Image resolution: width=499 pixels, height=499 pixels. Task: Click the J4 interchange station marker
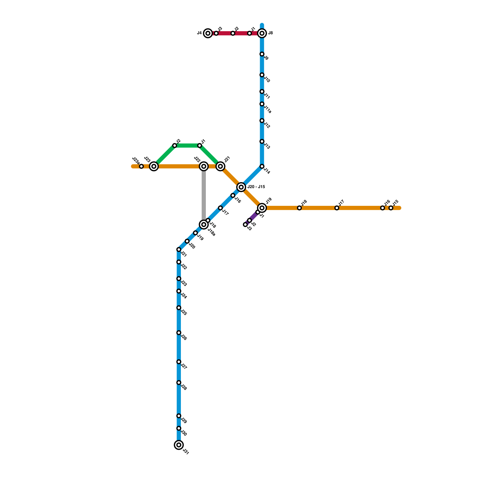[208, 33]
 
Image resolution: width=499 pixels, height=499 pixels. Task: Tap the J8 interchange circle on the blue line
[262, 33]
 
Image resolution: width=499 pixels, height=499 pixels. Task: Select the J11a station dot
[262, 104]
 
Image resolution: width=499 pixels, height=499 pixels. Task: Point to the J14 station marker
[262, 166]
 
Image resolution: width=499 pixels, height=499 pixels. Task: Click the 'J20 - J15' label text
[256, 187]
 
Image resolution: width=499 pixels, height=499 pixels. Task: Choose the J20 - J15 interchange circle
[241, 187]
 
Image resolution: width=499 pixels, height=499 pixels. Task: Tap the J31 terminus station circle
[179, 445]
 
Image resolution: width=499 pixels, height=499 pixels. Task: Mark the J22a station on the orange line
[141, 166]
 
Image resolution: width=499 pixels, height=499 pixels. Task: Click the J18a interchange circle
[204, 224]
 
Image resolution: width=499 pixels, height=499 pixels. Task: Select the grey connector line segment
[204, 195]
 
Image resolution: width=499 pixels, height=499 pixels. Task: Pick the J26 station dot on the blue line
[179, 333]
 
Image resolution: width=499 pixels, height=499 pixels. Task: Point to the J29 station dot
[179, 416]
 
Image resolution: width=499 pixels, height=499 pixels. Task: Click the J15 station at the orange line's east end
[391, 208]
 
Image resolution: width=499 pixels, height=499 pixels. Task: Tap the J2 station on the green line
[175, 146]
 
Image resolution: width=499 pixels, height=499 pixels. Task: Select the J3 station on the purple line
[245, 225]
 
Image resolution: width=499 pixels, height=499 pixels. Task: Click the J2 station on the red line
[233, 33]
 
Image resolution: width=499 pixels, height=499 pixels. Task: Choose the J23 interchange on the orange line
[154, 166]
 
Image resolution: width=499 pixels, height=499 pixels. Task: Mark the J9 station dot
[262, 54]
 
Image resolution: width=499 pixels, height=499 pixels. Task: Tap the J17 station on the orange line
[337, 208]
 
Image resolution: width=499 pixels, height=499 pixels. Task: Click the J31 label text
[186, 452]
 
